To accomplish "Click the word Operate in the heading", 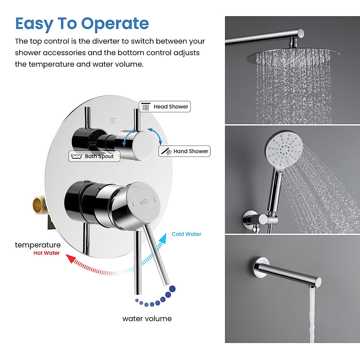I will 115,24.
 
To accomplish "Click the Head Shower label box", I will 165,106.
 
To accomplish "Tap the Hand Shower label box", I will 184,151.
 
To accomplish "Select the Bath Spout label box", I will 94,156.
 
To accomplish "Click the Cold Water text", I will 186,234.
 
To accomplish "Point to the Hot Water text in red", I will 46,253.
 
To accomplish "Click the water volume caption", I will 147,319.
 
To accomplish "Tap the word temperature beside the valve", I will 38,245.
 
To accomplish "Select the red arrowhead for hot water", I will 70,258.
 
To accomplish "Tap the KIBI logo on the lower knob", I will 144,203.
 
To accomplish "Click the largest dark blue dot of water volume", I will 172,289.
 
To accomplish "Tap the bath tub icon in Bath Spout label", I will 76,156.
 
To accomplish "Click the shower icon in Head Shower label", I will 146,106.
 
